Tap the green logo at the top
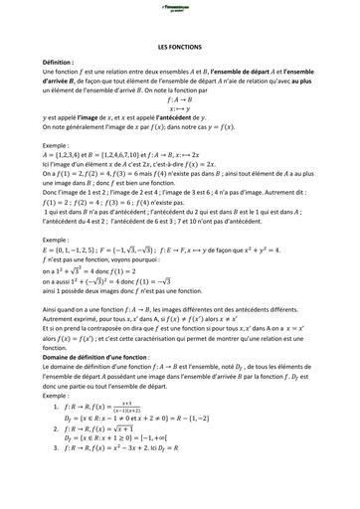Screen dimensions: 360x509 (179, 9)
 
